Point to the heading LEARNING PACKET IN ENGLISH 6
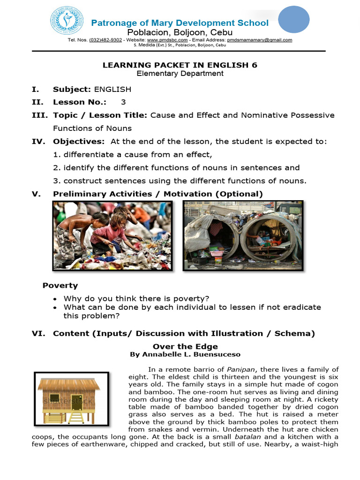tap(180, 65)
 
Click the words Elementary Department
tap(180, 74)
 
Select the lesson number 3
tap(123, 102)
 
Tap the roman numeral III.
tap(39, 115)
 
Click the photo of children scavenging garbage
tap(112, 235)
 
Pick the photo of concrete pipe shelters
tap(243, 235)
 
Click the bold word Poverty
tap(60, 285)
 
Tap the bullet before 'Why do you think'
tap(56, 299)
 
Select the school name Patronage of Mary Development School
tap(180, 23)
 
